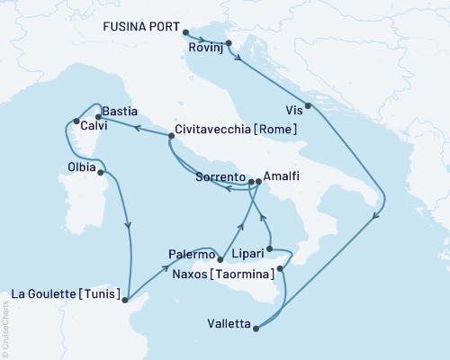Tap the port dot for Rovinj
coord(229,43)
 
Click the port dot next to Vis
coord(309,106)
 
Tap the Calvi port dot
coord(76,121)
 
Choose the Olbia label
coord(82,166)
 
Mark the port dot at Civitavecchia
coord(171,136)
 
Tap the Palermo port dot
coord(220,260)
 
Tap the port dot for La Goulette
coord(126,301)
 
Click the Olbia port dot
coord(100,173)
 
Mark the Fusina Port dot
coord(185,32)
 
